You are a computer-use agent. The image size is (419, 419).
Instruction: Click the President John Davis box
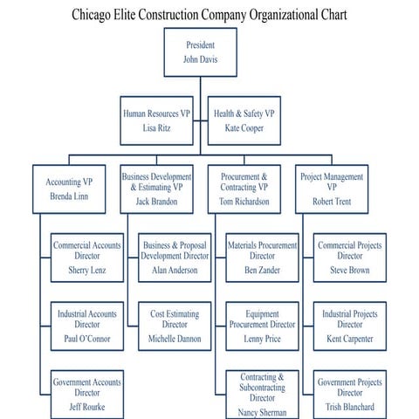point(200,52)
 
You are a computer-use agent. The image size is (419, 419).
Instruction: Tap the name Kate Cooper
point(244,128)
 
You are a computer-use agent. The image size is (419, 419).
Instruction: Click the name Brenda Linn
point(69,197)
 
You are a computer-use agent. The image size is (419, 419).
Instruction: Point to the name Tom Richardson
point(244,202)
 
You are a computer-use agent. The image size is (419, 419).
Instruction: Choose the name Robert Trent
point(331,202)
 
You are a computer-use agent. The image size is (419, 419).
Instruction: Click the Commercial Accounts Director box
point(87,258)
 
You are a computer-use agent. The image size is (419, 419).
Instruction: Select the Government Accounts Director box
point(87,393)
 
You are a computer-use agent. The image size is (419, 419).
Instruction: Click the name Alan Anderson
point(175,271)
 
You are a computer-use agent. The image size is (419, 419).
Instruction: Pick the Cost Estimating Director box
point(175,326)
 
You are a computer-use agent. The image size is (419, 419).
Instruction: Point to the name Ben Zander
point(263,271)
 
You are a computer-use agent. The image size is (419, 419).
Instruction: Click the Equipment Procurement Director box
point(263,326)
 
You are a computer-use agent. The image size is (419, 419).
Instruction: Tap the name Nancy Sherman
point(263,411)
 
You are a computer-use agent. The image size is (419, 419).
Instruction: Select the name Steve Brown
point(349,271)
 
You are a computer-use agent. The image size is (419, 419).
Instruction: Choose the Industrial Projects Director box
point(349,326)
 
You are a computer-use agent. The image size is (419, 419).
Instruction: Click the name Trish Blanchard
point(349,407)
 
